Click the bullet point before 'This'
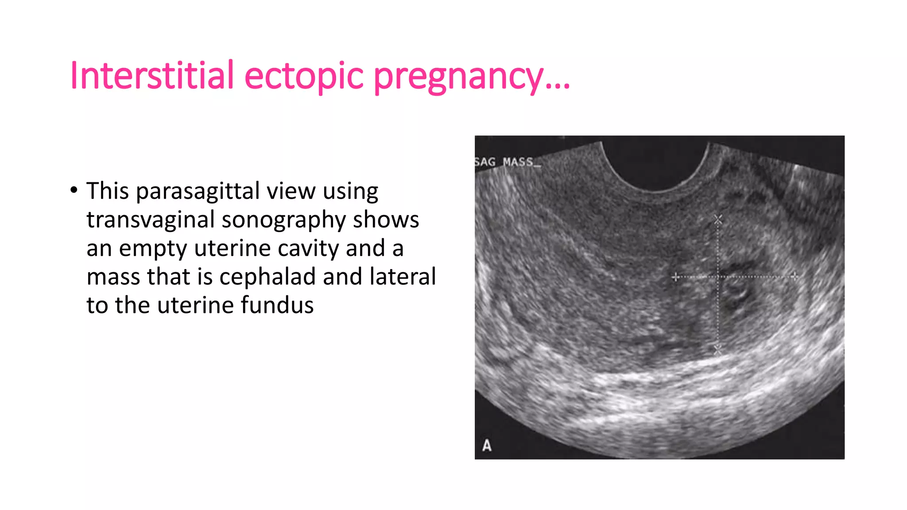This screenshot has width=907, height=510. pos(74,190)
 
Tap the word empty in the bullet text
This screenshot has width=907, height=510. pos(153,249)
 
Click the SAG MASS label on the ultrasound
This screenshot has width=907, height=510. pos(508,162)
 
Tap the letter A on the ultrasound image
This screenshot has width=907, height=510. pos(487,445)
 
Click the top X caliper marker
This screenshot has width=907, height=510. pos(718,219)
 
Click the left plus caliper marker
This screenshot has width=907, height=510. pos(675,277)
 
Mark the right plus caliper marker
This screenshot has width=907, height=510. pos(795,277)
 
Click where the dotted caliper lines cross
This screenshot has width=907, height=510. pos(718,277)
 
